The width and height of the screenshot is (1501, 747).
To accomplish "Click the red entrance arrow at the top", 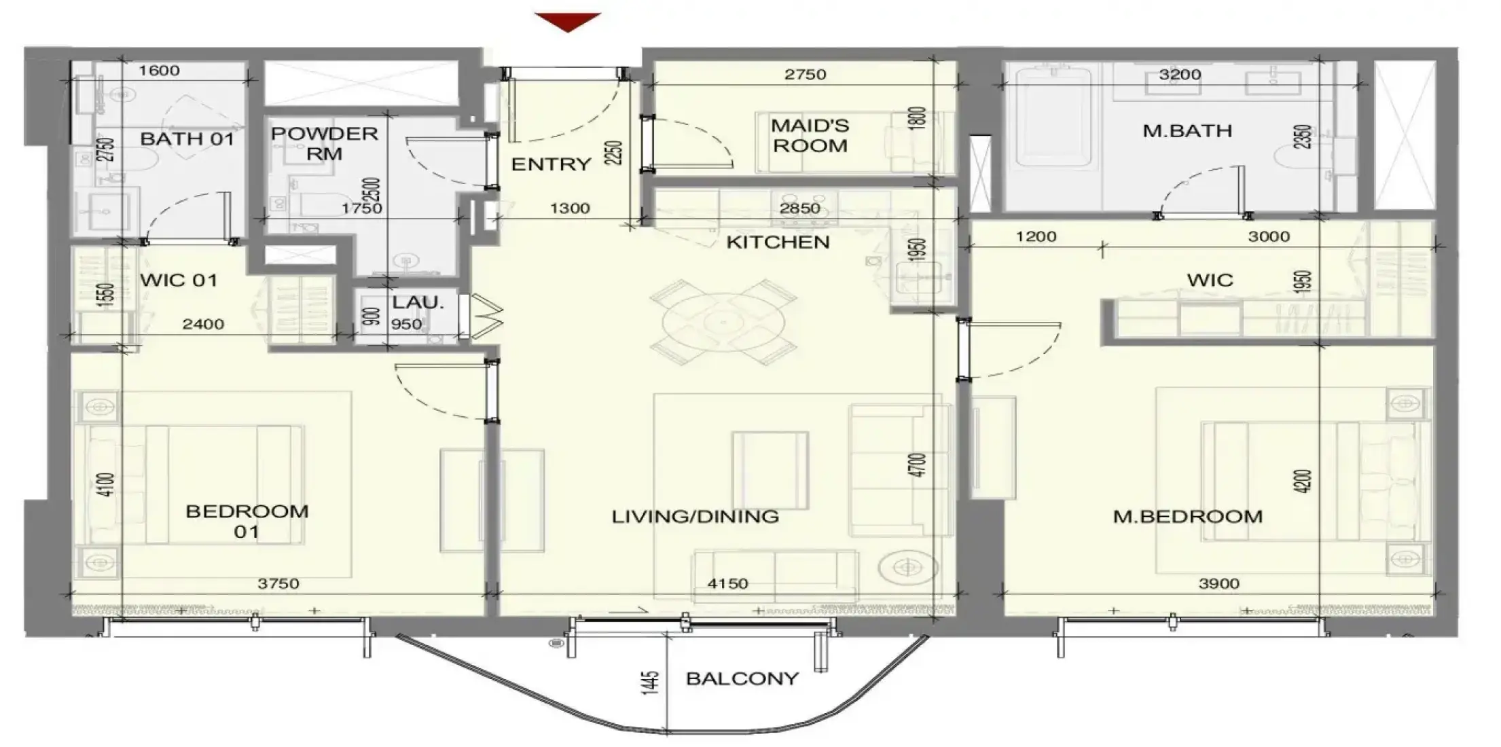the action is [568, 21].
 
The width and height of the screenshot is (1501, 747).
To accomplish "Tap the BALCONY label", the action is [742, 678].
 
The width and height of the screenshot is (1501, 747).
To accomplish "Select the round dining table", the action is [724, 322].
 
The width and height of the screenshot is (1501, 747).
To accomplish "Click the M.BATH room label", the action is [1187, 130].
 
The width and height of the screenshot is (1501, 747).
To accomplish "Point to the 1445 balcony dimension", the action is [651, 682].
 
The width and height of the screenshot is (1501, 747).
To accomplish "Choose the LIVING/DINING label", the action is [695, 517].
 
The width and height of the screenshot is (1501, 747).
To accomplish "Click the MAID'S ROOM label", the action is [810, 135].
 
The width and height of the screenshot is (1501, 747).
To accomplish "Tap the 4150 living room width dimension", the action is [727, 583].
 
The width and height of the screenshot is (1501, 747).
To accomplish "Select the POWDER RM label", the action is [325, 143].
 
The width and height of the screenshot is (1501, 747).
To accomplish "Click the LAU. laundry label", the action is [418, 302].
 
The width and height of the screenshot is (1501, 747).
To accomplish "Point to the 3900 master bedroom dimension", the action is [1219, 583].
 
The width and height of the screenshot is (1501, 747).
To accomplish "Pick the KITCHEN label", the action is [778, 242].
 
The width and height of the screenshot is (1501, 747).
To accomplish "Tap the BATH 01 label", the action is [187, 139].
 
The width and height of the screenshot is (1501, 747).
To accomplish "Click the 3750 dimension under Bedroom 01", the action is [278, 583].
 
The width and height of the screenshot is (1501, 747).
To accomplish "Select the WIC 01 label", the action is [179, 280].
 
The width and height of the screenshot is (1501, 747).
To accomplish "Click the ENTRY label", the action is [551, 164].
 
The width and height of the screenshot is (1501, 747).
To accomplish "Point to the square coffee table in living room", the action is [770, 470].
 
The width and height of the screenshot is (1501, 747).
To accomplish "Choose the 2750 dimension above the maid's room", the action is [806, 74].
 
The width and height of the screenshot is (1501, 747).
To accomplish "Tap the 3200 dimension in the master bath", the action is [1180, 74].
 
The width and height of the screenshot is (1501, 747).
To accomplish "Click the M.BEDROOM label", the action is [1188, 517].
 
